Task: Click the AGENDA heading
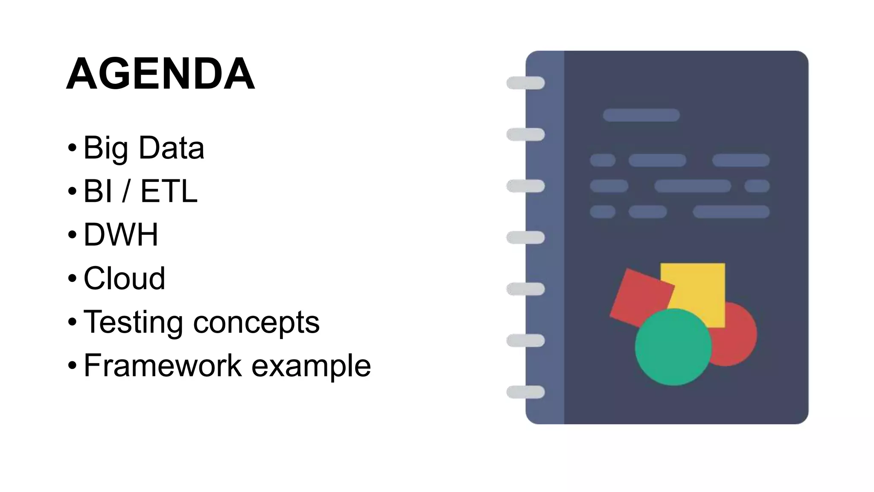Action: click(x=160, y=74)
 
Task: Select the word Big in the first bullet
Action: click(x=105, y=148)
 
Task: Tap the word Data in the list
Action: click(x=172, y=148)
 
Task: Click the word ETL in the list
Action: click(x=169, y=191)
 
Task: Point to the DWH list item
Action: click(x=121, y=234)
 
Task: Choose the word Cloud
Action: click(x=124, y=278)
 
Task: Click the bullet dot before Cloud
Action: click(x=72, y=278)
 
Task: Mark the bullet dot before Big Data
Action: click(x=72, y=148)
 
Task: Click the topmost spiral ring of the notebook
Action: click(x=525, y=83)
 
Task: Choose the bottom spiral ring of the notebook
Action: click(x=525, y=392)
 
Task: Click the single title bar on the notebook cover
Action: click(x=641, y=115)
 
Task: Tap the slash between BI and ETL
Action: click(x=126, y=191)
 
